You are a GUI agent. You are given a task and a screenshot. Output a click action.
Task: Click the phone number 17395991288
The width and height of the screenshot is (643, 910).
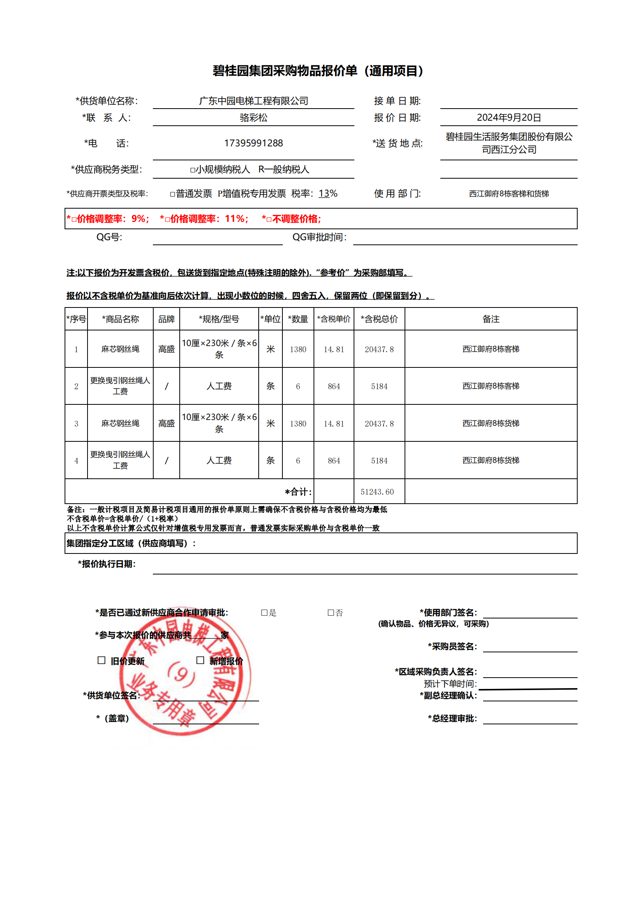(x=253, y=143)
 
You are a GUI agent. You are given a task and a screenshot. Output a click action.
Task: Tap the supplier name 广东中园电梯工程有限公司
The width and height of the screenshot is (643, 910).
(x=253, y=101)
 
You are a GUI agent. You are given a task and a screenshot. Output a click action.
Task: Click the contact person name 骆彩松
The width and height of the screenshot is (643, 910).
(x=253, y=118)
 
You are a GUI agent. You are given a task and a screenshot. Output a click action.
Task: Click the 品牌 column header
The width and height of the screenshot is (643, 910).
(x=166, y=319)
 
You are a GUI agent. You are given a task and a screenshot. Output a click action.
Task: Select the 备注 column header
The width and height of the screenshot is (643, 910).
(x=491, y=319)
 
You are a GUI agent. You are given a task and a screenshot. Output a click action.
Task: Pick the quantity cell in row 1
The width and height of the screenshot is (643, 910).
(x=298, y=349)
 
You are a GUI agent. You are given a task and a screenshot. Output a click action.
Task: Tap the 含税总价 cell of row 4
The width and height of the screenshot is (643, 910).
(x=379, y=460)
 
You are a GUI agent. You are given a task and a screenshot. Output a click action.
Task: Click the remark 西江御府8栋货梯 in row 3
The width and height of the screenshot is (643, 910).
(x=491, y=423)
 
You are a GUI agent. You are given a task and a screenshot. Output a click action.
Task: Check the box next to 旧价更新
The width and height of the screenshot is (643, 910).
(x=102, y=660)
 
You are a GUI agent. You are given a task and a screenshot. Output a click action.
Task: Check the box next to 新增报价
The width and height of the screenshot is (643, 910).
(x=200, y=660)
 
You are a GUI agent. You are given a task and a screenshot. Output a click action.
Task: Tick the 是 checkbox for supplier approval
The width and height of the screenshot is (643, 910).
(x=264, y=613)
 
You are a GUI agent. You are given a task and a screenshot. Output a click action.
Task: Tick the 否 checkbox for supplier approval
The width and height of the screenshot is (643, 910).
(x=330, y=613)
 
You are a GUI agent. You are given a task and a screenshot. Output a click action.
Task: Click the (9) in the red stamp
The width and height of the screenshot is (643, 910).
(x=181, y=674)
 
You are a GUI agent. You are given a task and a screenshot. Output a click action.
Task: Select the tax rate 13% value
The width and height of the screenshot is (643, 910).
(x=328, y=193)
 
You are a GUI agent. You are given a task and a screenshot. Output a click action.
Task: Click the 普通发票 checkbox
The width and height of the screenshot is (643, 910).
(x=172, y=194)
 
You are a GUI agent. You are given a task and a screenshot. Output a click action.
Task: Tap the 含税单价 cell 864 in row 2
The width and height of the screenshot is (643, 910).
(x=334, y=386)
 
